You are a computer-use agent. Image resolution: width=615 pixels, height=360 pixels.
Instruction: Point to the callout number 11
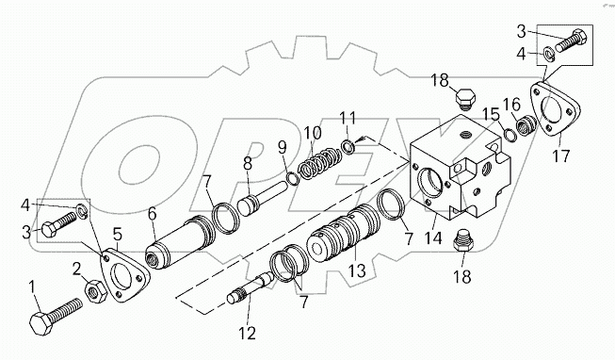pyautogui.click(x=348, y=118)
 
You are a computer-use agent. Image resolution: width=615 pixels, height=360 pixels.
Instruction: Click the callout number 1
pyautogui.click(x=33, y=286)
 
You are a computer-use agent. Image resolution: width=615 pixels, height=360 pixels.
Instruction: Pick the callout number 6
pyautogui.click(x=150, y=214)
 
